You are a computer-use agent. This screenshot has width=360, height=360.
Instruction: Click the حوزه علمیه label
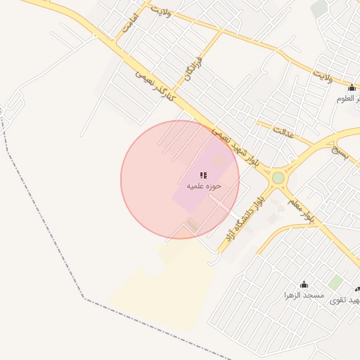204,186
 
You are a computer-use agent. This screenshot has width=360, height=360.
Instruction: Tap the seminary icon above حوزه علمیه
203,175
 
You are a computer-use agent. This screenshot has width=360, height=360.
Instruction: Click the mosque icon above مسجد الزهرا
304,284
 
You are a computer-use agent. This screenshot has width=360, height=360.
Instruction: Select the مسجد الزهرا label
304,295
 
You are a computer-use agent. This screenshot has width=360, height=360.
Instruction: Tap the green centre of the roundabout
278,178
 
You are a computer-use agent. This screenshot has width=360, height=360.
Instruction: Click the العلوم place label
349,98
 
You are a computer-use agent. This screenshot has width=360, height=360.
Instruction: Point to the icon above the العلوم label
352,87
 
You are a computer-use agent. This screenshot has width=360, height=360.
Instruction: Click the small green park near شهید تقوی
336,283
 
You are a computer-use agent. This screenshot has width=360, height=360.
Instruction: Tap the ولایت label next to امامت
162,11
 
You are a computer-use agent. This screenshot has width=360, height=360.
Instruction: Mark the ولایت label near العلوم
323,73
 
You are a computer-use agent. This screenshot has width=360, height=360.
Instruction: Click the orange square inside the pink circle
219,161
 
